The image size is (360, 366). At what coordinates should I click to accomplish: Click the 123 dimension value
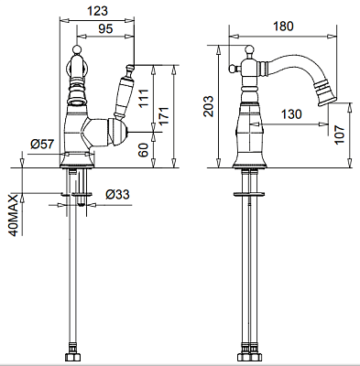click(98, 11)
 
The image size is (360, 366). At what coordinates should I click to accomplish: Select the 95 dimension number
click(105, 28)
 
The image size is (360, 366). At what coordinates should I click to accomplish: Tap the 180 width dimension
click(283, 27)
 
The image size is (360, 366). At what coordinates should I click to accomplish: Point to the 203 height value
click(209, 106)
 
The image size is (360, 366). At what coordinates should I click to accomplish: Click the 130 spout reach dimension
click(291, 114)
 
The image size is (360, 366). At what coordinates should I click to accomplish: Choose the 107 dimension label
click(339, 135)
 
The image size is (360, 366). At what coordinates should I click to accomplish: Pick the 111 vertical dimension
click(144, 98)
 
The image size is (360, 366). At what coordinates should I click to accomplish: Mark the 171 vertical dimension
click(163, 115)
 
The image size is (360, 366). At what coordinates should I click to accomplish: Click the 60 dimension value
click(144, 149)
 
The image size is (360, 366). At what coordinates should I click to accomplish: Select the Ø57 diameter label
click(42, 144)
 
